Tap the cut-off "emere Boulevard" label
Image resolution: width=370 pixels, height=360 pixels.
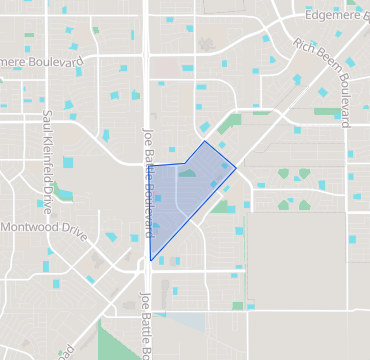(x=42, y=62)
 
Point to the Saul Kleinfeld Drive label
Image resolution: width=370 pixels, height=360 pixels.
(x=46, y=156)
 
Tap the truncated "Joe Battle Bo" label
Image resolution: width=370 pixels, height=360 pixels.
(x=145, y=325)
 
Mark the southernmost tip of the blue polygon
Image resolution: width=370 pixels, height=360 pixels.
(x=150, y=261)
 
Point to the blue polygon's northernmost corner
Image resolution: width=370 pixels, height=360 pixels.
(x=205, y=141)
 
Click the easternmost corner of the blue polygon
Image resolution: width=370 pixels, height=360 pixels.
(x=236, y=167)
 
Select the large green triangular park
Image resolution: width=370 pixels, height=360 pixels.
(x=119, y=340)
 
